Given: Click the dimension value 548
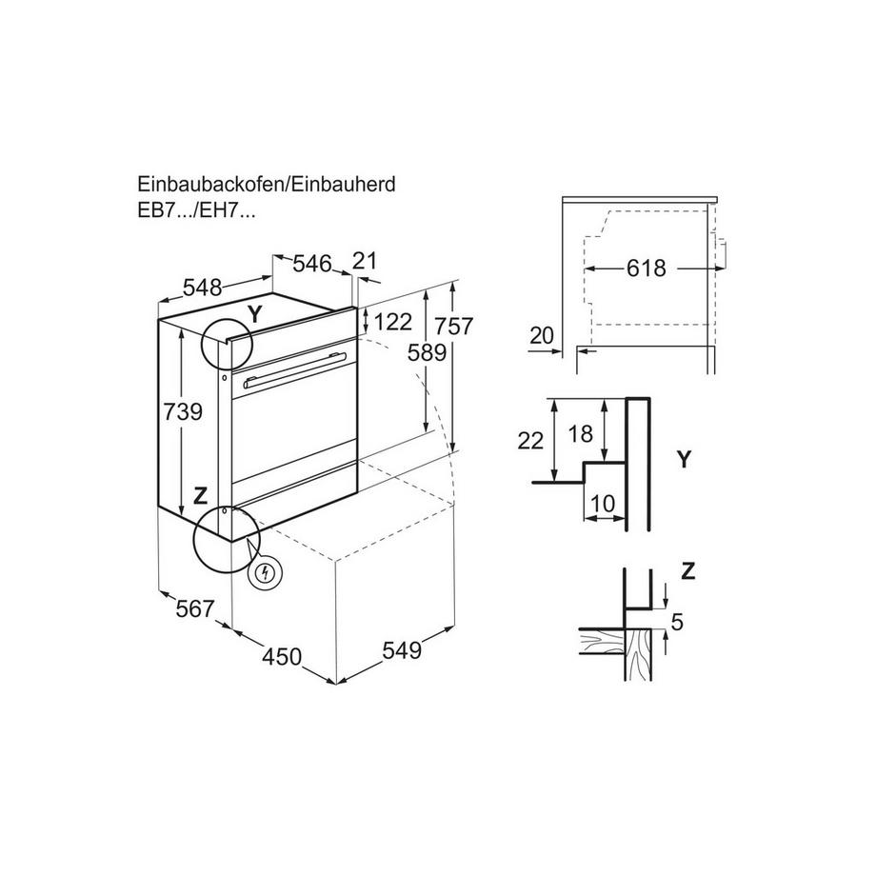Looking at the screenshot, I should coord(201,287).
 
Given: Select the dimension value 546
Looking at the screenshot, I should coord(310,264).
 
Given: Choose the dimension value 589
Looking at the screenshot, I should coord(426,353).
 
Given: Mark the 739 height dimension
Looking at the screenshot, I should coord(184,412).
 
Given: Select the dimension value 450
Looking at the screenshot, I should coord(282,656).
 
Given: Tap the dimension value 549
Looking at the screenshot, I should coord(401,651).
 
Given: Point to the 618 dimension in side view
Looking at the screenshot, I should coord(647,269).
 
